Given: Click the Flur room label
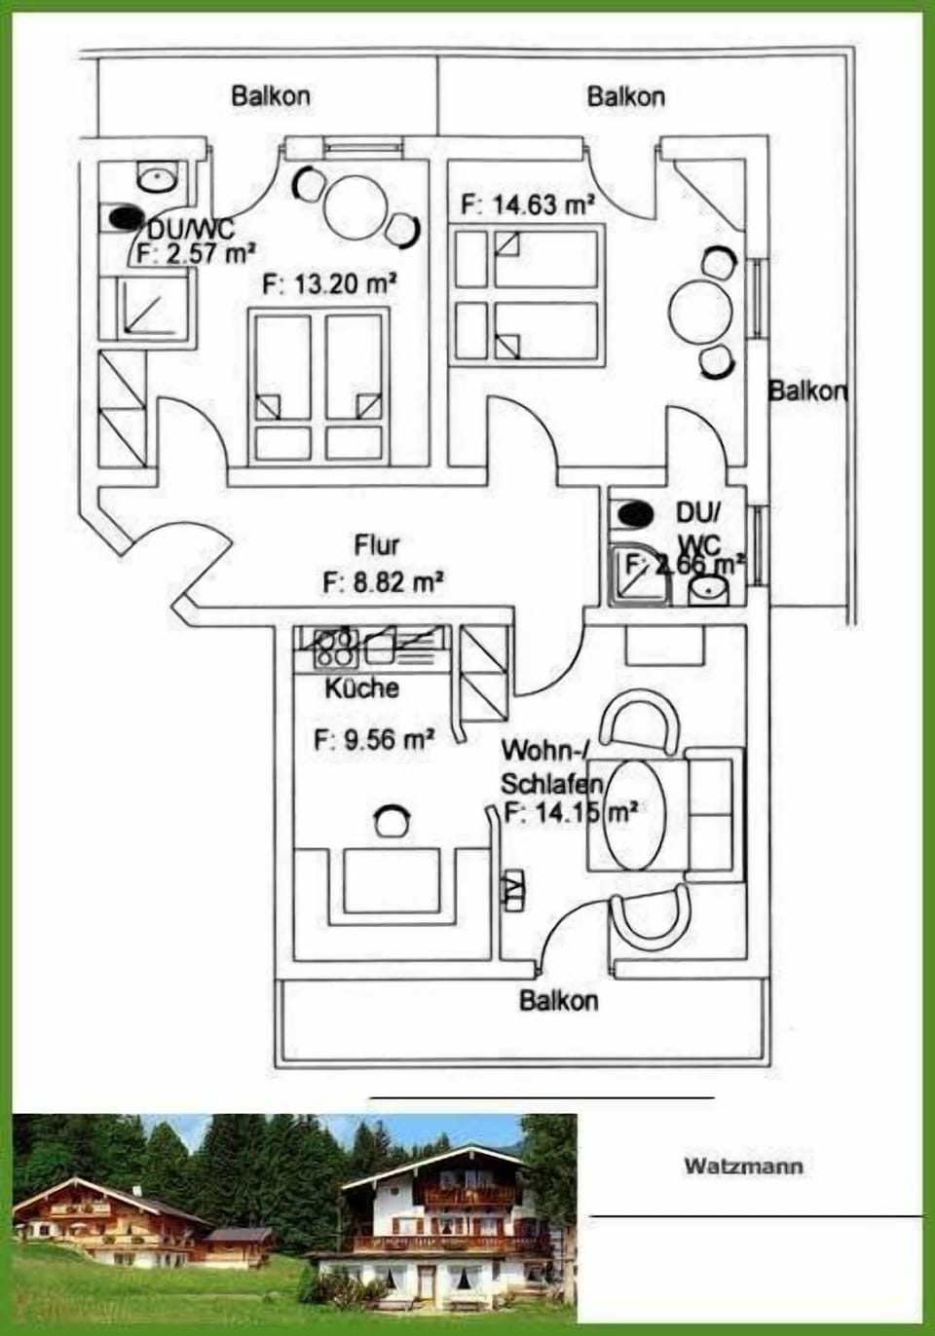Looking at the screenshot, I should coord(376,543).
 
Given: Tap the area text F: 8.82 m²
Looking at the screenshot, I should coord(383,582).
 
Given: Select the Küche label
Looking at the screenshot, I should coord(361,687).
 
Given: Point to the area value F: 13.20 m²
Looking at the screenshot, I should coord(329,284).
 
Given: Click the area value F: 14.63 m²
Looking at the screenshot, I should coord(527,204).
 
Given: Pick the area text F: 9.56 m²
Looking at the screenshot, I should coord(374,739).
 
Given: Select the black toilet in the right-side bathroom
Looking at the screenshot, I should coord(635,512).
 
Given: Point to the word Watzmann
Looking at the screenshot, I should coord(743,1166).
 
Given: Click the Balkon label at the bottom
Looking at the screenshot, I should coord(558,1000).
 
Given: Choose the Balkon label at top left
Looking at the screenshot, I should coord(271,96).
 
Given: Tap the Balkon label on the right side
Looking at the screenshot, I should coord(807,391).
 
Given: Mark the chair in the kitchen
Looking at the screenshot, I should coord(391,821).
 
